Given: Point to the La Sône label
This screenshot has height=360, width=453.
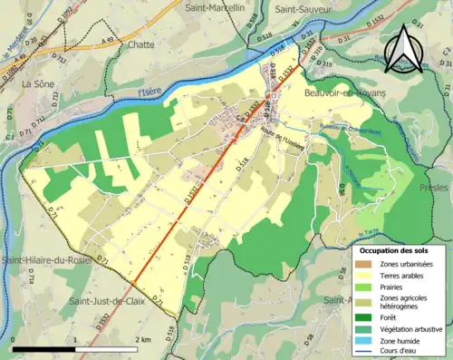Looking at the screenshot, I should click(39, 83).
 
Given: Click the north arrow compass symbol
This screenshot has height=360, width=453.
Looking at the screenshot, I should click(404, 47).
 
